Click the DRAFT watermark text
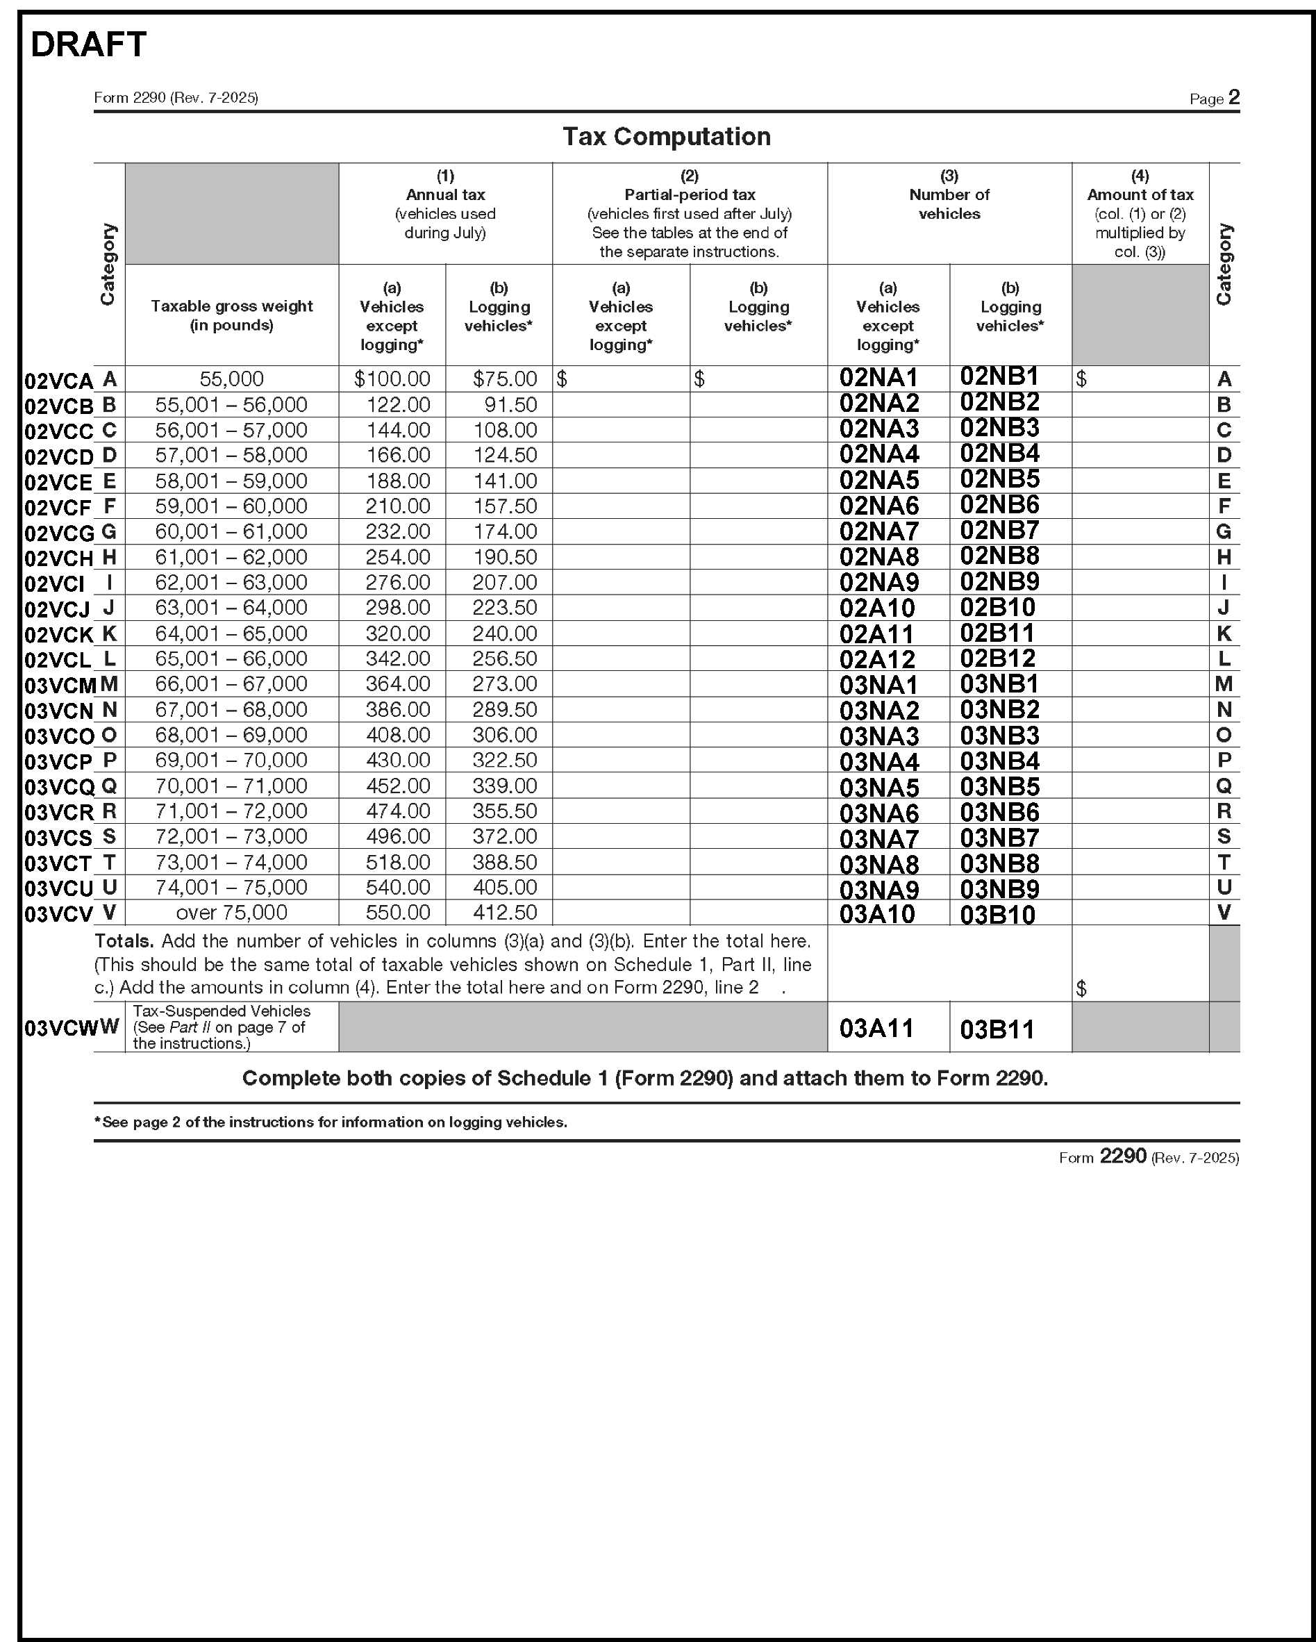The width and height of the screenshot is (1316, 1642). pyautogui.click(x=88, y=45)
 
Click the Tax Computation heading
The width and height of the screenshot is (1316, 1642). pyautogui.click(x=667, y=136)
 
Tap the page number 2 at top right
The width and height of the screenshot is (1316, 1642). pyautogui.click(x=1234, y=97)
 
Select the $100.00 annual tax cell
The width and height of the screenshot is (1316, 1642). pyautogui.click(x=392, y=379)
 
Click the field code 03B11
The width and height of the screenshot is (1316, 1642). pyautogui.click(x=997, y=1029)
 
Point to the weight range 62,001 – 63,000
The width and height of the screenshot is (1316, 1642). pyautogui.click(x=231, y=582)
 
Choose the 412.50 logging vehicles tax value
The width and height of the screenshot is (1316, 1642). pyautogui.click(x=504, y=913)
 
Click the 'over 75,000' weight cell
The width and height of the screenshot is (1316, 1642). pyautogui.click(x=231, y=913)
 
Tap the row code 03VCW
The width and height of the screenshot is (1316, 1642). pyautogui.click(x=60, y=1028)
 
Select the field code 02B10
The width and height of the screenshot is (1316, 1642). pyautogui.click(x=997, y=608)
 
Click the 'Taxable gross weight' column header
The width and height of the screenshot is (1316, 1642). pyautogui.click(x=231, y=315)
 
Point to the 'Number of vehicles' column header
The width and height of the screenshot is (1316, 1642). pyautogui.click(x=949, y=204)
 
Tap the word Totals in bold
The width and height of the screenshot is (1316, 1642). pyautogui.click(x=124, y=941)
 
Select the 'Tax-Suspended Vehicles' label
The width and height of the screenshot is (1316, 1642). pyautogui.click(x=222, y=1011)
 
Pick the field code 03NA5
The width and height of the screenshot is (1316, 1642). pyautogui.click(x=879, y=788)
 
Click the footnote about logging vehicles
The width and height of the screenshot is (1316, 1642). pyautogui.click(x=331, y=1122)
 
